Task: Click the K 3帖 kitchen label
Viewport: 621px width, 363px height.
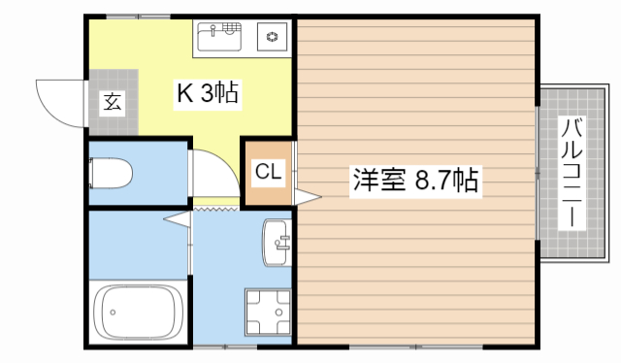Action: pyautogui.click(x=208, y=94)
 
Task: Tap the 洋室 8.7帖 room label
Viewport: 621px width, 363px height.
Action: pyautogui.click(x=415, y=181)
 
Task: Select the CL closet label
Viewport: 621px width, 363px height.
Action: pyautogui.click(x=267, y=173)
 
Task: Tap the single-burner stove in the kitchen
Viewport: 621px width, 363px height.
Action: pyautogui.click(x=271, y=39)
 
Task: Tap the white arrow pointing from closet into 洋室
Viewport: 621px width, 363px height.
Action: pyautogui.click(x=307, y=197)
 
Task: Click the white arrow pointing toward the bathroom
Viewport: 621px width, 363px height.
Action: pyautogui.click(x=177, y=219)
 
